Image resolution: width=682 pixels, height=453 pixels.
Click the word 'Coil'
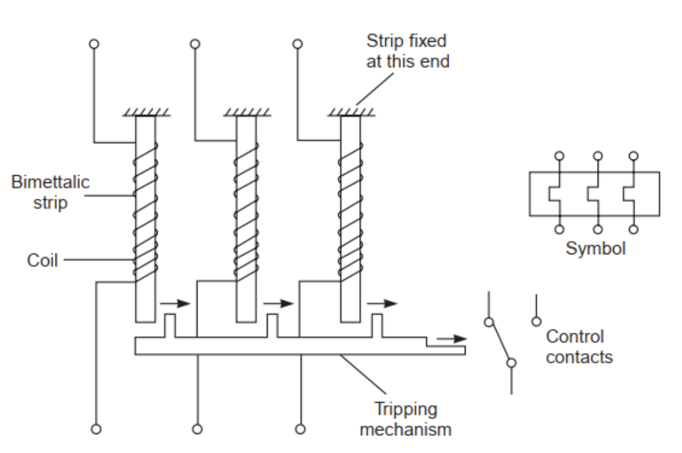[42, 260]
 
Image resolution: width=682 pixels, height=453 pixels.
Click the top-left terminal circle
[94, 44]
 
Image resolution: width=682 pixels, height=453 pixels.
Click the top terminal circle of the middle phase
[195, 44]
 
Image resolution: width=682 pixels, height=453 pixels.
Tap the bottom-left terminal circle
[97, 429]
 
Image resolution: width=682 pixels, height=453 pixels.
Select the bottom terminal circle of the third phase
[299, 429]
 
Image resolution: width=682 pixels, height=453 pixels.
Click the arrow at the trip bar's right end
[452, 339]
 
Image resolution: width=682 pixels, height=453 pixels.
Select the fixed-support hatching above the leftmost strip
[145, 113]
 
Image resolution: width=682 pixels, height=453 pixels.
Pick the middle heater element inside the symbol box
[594, 194]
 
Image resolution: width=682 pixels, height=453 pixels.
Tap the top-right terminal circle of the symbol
[632, 157]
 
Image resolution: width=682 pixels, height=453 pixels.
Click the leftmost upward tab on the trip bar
[170, 325]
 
